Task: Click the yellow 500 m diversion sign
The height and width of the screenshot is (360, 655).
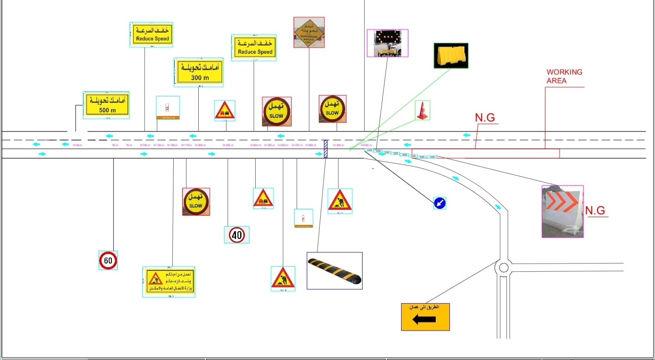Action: click(106, 105)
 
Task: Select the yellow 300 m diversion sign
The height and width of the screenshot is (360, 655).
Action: click(199, 72)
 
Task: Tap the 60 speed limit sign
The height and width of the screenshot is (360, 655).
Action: click(108, 261)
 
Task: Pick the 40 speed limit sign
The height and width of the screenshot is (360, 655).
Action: click(237, 235)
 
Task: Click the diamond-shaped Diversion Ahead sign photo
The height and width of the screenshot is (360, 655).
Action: click(309, 32)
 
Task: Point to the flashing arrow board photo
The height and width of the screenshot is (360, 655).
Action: click(388, 43)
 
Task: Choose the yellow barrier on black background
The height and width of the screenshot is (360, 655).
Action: click(451, 56)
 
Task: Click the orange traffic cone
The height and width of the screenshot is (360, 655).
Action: click(423, 111)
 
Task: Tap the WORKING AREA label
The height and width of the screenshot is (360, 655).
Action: click(564, 76)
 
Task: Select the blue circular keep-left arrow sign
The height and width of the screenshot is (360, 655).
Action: click(439, 203)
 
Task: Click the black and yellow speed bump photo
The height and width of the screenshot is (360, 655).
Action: click(334, 271)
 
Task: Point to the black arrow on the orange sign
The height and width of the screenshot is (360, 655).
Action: click(424, 319)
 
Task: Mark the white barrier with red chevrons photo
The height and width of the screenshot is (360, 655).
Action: click(562, 212)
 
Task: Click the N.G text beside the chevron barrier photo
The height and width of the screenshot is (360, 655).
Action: click(595, 210)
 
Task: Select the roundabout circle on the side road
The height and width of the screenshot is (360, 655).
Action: click(504, 267)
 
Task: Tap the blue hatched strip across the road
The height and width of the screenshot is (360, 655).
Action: click(325, 149)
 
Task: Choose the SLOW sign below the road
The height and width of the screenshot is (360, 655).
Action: click(196, 202)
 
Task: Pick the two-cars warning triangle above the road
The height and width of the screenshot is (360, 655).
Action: click(225, 111)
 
